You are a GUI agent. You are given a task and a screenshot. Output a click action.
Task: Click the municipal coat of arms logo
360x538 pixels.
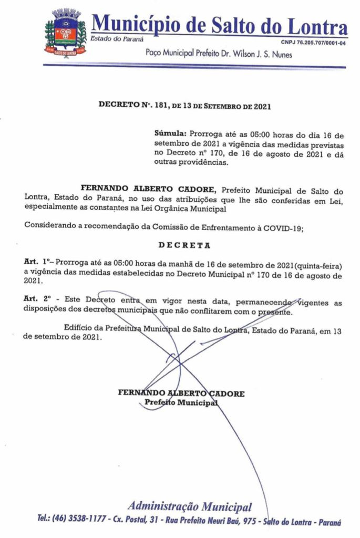tap(65, 33)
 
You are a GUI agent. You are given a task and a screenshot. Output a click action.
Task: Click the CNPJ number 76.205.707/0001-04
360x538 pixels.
tap(314, 43)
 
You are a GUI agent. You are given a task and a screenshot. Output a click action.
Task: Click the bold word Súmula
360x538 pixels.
tap(170, 134)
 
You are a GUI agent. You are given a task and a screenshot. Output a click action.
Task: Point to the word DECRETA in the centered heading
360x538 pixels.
tap(185, 245)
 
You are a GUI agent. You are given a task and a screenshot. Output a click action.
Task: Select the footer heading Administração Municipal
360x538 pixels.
tap(189, 507)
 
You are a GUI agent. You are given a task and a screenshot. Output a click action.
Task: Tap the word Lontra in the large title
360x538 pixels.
tap(318, 25)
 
